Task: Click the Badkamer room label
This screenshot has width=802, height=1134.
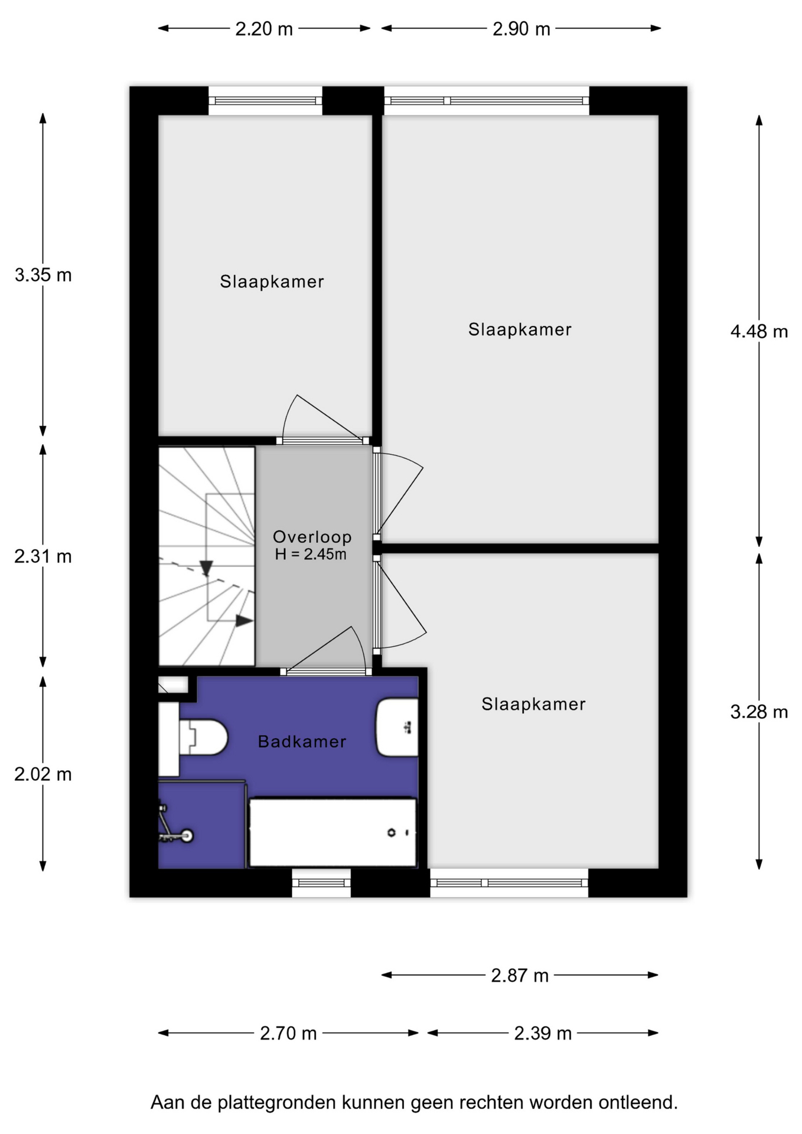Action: pos(302,741)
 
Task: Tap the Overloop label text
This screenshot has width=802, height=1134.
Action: pos(312,536)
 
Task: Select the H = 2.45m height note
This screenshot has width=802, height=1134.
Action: pos(311,554)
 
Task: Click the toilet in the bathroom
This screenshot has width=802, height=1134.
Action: pos(203,737)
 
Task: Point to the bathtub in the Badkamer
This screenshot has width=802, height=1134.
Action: pos(333,832)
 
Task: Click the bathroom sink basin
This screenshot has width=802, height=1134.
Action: pos(397,728)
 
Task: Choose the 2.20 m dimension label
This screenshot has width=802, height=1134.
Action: pos(264,29)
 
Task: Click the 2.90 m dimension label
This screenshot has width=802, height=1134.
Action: pos(521,29)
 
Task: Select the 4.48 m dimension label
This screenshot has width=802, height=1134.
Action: pos(759,331)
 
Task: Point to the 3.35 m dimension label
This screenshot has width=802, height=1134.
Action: pos(43,275)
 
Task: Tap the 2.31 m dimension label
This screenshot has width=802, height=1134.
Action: pos(43,556)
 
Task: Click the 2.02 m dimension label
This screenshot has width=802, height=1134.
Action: pos(43,774)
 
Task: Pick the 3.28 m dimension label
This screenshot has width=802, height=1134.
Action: pos(759,712)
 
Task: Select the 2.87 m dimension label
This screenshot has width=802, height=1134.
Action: pos(520,975)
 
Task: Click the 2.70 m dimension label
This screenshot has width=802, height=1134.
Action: pos(288,1033)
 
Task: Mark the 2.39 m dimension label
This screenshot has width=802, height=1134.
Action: pos(543,1033)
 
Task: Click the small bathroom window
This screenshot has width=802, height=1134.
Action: pos(321,882)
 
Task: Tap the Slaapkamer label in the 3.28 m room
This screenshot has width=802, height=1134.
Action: pos(533,703)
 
